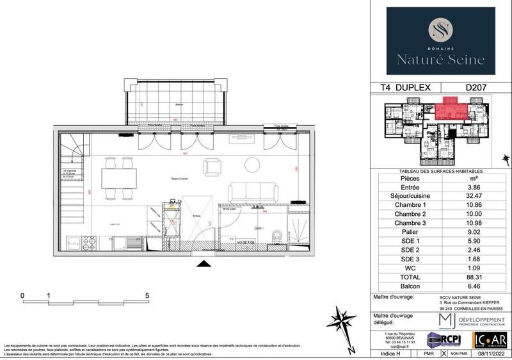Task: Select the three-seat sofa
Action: (x=253, y=192)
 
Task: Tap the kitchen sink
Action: (x=134, y=241)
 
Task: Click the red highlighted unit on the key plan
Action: (x=451, y=108)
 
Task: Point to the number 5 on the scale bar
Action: (x=147, y=295)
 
